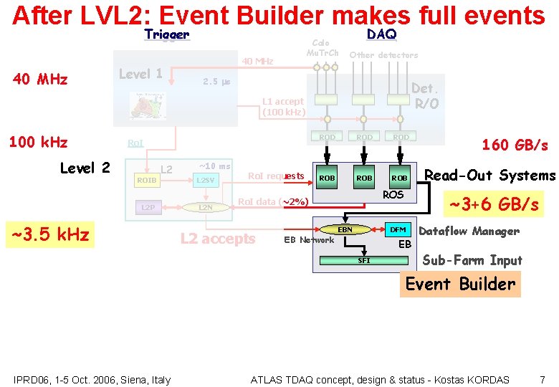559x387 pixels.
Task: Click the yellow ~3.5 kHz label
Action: pos(48,234)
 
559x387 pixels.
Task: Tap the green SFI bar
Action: pos(364,260)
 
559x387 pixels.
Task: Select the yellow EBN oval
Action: pos(345,229)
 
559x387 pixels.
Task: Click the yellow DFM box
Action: pos(398,229)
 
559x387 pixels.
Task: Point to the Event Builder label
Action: pos(460,284)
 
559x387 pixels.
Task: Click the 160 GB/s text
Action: pos(515,145)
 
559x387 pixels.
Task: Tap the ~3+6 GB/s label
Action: pos(494,204)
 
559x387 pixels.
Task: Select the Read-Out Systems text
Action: pos(490,176)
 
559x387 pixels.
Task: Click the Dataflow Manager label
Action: pos(469,231)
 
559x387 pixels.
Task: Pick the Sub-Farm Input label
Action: pos(472,260)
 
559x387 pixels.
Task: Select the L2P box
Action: pos(147,207)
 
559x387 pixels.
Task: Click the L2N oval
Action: pos(205,207)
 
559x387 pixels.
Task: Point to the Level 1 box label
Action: pos(140,74)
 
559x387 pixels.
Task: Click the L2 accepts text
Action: pos(218,239)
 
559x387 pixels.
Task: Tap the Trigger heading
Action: pos(166,34)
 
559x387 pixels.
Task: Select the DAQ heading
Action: pos(381,34)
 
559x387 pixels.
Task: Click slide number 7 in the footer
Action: pos(542,379)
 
